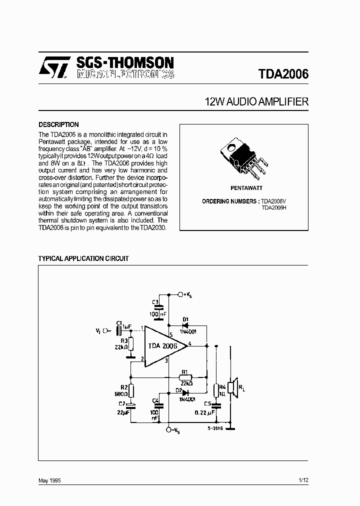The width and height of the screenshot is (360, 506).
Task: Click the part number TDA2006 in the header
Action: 283,74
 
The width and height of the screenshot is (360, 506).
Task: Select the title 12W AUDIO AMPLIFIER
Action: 256,102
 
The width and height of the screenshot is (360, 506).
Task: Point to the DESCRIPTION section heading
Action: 58,124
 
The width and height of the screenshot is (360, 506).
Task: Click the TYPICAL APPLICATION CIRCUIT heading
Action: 83,258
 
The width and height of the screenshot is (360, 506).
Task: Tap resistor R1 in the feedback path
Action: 185,377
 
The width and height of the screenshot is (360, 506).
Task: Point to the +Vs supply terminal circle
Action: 180,294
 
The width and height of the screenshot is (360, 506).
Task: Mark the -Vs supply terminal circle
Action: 168,429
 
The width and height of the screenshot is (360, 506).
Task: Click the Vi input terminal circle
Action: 105,330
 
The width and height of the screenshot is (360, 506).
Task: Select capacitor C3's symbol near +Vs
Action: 158,308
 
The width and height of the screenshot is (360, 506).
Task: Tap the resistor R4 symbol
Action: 215,389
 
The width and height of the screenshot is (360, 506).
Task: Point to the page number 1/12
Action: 303,480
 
